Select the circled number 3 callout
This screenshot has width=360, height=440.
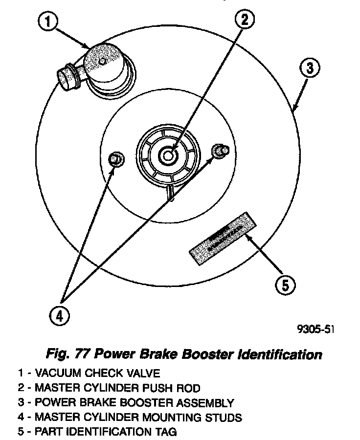[x=309, y=68]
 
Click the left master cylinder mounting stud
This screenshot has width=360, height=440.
[x=116, y=159]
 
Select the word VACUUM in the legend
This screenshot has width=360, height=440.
[x=59, y=374]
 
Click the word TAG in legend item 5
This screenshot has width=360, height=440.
[x=166, y=432]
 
